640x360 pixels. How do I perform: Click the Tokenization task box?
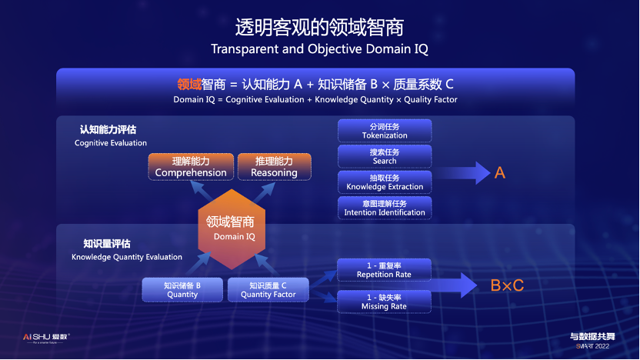coord(385,131)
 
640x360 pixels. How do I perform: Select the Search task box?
coord(385,156)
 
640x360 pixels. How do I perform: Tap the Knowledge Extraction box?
coord(385,182)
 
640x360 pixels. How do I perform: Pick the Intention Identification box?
coord(385,208)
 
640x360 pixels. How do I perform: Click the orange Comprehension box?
coord(191,167)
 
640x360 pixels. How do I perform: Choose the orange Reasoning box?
coord(274,167)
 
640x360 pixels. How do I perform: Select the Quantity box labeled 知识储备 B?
coord(182,289)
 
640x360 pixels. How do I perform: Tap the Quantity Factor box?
coord(268,289)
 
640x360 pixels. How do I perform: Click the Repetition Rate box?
coord(385,269)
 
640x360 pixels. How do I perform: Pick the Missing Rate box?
coord(385,301)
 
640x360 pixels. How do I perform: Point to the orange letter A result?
coord(499,173)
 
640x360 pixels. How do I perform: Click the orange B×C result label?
coord(507,285)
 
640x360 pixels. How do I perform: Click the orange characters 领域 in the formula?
coord(189,84)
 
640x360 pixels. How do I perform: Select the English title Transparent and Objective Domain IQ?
coord(319,49)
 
